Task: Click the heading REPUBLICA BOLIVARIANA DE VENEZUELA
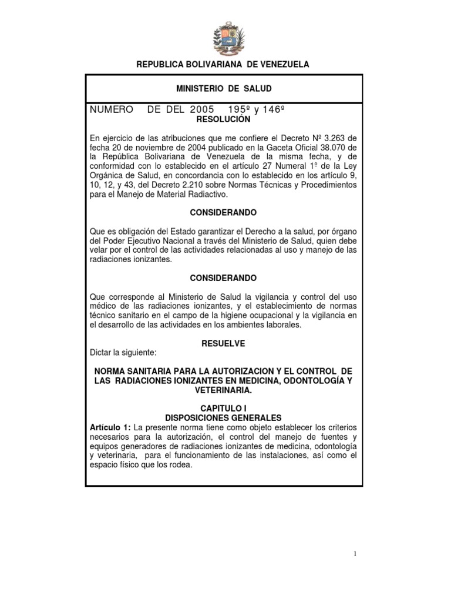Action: pos(223,64)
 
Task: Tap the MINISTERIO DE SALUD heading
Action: pos(224,88)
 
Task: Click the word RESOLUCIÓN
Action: pos(223,119)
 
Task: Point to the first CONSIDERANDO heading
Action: pos(223,212)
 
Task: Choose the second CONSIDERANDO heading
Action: pos(223,277)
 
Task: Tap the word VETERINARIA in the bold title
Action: pos(223,390)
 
